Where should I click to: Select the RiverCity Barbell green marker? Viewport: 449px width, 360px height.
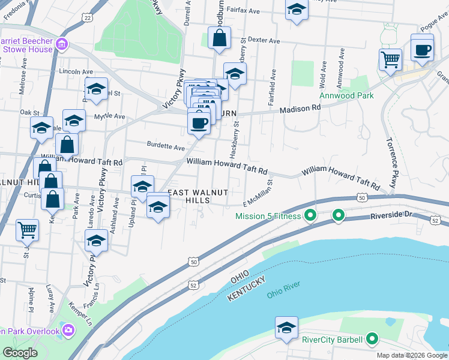click(x=372, y=340)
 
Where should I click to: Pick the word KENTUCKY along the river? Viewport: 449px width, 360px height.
click(x=246, y=290)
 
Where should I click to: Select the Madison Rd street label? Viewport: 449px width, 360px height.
click(x=300, y=109)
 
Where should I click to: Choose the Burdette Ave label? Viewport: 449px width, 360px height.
click(x=166, y=146)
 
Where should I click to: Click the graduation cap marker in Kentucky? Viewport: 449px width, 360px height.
click(x=286, y=328)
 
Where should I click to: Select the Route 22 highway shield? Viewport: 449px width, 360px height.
click(x=89, y=18)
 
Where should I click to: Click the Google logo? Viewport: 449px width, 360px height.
click(x=20, y=353)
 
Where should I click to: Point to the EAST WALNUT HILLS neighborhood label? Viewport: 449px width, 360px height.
click(x=198, y=196)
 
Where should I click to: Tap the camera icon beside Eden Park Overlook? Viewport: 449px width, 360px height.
click(x=68, y=330)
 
